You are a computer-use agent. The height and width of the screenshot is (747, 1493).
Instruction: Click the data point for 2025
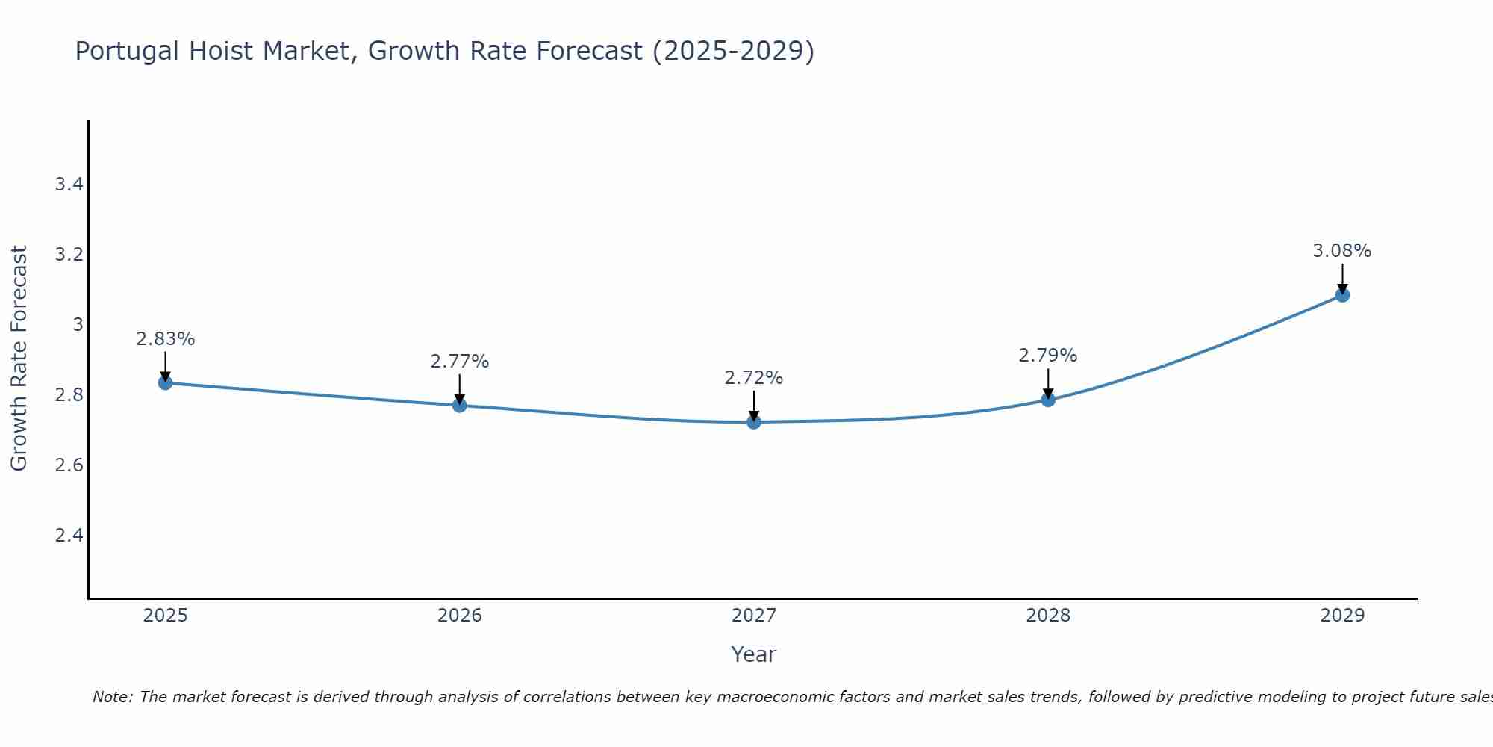(166, 383)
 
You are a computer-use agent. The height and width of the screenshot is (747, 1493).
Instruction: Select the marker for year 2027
(754, 422)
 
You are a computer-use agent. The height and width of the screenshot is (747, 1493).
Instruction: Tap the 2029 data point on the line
(1342, 295)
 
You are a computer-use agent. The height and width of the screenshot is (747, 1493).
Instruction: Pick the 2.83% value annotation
(166, 339)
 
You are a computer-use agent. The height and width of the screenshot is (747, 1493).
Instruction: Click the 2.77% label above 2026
(460, 362)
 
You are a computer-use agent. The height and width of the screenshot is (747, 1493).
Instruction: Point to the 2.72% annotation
(754, 378)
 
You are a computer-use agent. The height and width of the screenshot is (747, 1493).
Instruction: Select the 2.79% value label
(1048, 356)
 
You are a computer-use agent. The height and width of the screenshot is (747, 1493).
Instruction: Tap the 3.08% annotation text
(1342, 251)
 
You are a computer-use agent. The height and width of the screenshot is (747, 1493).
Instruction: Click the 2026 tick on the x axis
(460, 616)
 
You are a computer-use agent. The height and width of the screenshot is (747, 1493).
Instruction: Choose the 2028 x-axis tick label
(1048, 616)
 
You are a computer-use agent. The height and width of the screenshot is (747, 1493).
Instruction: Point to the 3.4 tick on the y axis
(69, 185)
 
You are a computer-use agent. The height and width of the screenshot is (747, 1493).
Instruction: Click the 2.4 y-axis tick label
(69, 536)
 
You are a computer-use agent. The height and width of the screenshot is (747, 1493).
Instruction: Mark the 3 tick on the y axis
(78, 325)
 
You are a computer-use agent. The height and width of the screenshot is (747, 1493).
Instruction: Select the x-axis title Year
(754, 654)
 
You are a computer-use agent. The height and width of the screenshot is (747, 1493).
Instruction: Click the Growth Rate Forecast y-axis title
(19, 359)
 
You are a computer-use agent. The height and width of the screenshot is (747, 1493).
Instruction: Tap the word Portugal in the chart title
(128, 52)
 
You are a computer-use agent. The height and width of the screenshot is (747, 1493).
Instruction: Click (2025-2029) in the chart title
(734, 52)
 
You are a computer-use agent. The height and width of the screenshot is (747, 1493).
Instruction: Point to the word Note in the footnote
(112, 697)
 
